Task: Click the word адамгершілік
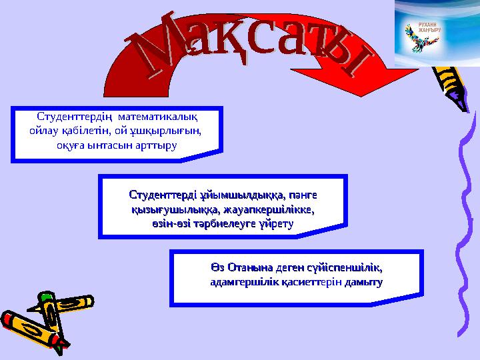pyautogui.click(x=240, y=283)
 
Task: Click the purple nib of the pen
pyautogui.click(x=458, y=100)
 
